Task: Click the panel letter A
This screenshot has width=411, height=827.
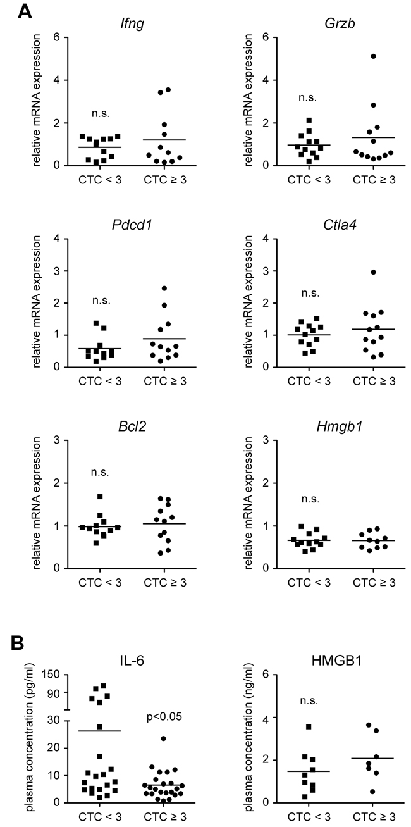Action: tap(25, 11)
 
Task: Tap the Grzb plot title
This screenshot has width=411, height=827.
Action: tap(340, 23)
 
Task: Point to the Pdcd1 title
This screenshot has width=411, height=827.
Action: tap(132, 225)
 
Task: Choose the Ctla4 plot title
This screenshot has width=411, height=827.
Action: tap(340, 225)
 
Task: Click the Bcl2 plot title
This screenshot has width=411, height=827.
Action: tap(132, 426)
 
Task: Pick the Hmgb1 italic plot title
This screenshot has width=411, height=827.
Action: tap(340, 426)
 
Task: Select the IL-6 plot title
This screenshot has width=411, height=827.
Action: tap(132, 660)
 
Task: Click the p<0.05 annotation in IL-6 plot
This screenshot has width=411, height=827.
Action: tap(164, 717)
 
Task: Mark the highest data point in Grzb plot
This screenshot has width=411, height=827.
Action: tap(373, 56)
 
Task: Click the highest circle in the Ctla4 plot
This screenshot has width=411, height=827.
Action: tap(373, 272)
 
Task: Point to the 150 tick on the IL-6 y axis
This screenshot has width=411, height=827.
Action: tap(51, 674)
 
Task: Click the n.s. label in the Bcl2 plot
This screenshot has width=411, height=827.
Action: tap(100, 472)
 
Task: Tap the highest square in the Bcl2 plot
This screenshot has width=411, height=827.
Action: tap(100, 497)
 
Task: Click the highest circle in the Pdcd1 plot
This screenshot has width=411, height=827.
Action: tap(164, 288)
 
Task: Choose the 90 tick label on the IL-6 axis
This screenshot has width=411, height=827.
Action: tap(54, 693)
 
